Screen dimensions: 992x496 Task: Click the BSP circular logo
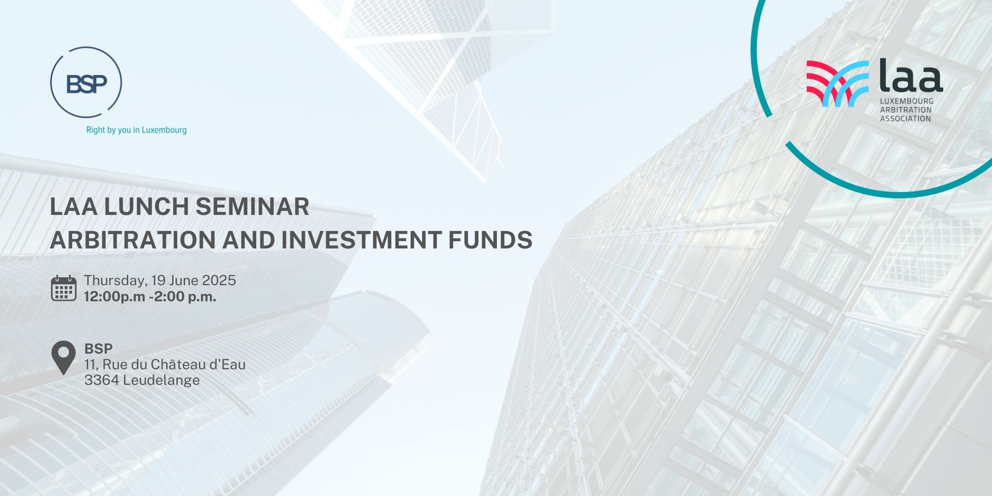pos(86,83)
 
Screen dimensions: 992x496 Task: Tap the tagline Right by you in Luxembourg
pos(136,130)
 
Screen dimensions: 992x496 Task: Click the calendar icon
pos(63,288)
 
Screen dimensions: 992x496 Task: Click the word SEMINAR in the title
pos(252,207)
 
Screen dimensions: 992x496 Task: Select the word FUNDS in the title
pos(490,240)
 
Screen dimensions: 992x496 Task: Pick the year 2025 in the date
pos(219,280)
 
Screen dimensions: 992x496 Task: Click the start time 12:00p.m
pos(114,297)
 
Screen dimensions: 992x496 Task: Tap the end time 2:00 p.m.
pos(185,297)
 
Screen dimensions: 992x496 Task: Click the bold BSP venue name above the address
pos(98,349)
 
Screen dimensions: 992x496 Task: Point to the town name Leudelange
pos(162,381)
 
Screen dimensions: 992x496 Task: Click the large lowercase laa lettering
pos(911,76)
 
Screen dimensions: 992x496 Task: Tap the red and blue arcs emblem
pos(838,84)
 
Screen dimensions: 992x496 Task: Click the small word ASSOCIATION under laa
pos(905,118)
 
